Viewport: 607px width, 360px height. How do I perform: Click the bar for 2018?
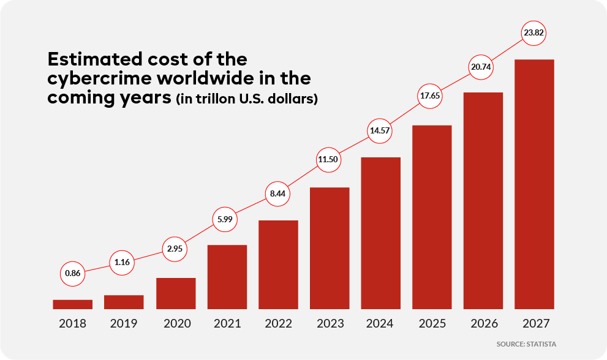click(73, 304)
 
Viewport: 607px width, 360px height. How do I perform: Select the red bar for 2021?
click(227, 277)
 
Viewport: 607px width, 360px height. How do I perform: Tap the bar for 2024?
click(381, 233)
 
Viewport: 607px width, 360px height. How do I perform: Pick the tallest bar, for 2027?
click(535, 184)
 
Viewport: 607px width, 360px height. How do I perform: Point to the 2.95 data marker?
click(175, 250)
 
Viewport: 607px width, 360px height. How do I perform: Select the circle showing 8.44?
click(278, 194)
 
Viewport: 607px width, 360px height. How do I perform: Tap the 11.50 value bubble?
click(329, 159)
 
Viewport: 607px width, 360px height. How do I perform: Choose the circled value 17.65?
click(432, 96)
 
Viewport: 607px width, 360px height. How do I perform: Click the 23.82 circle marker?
click(534, 33)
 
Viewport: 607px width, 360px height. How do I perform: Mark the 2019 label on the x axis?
click(124, 324)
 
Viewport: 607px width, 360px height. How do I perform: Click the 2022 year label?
click(278, 324)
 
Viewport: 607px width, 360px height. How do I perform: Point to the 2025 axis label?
click(432, 324)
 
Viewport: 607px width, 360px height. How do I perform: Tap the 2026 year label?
click(483, 324)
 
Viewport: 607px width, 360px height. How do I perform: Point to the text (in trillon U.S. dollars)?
click(247, 99)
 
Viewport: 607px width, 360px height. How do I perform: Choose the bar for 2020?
click(176, 293)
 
